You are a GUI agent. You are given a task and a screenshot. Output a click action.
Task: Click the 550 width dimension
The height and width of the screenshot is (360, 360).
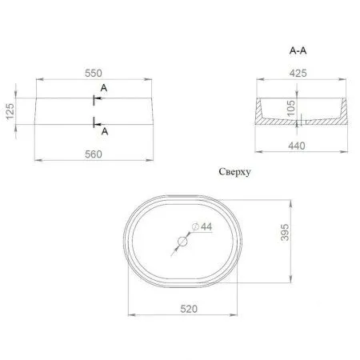click(94, 73)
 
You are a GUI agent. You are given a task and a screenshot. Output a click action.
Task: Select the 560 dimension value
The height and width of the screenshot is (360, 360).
click(94, 154)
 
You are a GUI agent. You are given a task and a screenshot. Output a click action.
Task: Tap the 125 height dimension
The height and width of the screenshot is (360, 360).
click(10, 111)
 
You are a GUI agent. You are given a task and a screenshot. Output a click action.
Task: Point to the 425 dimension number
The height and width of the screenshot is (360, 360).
click(298, 73)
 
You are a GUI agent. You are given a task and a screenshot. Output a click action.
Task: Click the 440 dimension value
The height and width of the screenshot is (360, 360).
click(297, 146)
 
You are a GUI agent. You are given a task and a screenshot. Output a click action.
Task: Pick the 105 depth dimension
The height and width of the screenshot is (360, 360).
click(291, 108)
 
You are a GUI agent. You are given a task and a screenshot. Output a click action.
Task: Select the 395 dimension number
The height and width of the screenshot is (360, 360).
click(285, 233)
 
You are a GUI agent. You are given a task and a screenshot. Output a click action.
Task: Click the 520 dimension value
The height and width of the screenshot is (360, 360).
click(189, 309)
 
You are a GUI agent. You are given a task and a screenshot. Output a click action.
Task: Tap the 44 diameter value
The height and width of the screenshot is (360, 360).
click(206, 226)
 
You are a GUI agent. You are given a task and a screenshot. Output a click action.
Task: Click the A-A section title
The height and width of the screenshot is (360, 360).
click(298, 50)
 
